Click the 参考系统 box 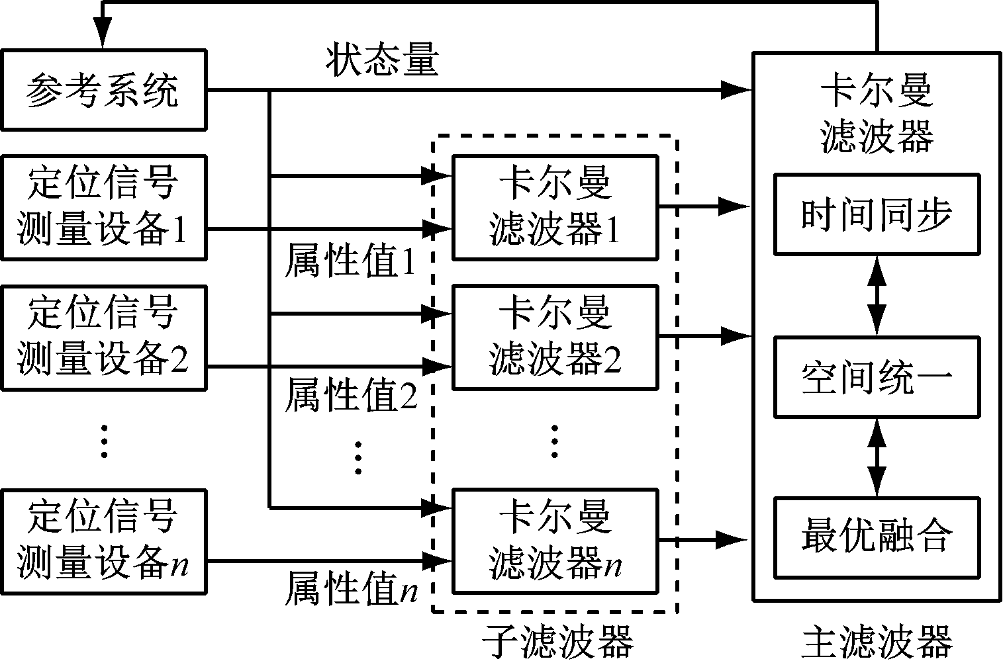click(103, 90)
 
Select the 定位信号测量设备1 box click(103, 207)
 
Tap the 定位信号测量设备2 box click(103, 337)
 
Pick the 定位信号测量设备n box click(103, 541)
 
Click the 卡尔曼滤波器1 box click(555, 207)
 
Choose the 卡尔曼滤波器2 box click(555, 337)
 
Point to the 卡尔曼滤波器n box click(555, 541)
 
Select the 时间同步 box click(877, 214)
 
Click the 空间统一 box click(877, 377)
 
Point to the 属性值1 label click(350, 263)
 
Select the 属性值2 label click(350, 395)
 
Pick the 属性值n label click(350, 589)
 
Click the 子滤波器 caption click(556, 641)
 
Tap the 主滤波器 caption click(877, 641)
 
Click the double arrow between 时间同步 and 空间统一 click(877, 296)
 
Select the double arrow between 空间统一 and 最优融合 click(877, 457)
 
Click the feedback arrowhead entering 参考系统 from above click(103, 36)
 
